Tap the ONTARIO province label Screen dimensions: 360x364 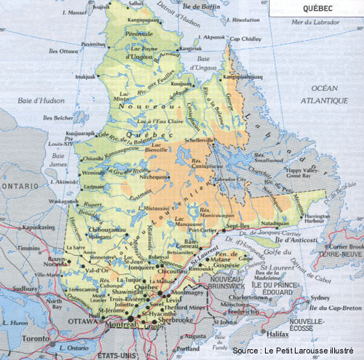point(20,185)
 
